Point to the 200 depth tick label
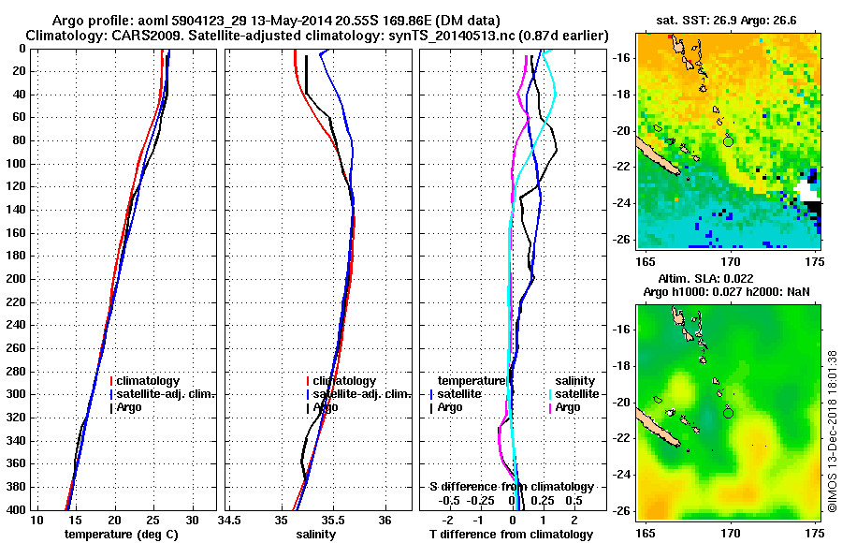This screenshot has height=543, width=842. coord(17,279)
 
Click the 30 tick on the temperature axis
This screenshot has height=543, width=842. coord(192,520)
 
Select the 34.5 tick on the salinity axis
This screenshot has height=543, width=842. coord(230,520)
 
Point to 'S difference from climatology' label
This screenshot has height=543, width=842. coord(512,487)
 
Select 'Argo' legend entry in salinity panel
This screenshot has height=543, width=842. coord(325,407)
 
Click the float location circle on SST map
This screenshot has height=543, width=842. coord(729,141)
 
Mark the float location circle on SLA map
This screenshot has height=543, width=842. coord(729,412)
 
